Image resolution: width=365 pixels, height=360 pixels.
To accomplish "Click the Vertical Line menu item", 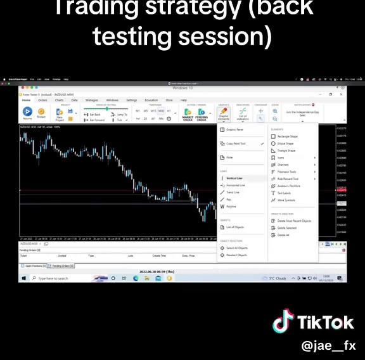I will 234,178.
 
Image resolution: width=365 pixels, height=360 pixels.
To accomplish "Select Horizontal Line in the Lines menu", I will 235,185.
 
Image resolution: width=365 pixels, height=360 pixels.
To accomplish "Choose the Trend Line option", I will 233,192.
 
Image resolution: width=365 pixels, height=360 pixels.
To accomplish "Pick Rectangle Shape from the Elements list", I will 288,136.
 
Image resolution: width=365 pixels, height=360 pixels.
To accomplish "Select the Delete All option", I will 283,235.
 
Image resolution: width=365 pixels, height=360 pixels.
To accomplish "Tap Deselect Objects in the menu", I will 236,255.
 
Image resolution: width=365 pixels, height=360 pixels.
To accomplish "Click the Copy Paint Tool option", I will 236,144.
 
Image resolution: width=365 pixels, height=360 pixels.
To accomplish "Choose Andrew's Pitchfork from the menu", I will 291,186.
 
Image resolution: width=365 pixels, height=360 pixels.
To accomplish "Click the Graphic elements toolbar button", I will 223,114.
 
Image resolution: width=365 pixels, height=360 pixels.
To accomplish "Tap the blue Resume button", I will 27,113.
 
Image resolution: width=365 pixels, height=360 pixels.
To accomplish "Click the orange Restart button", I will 41,113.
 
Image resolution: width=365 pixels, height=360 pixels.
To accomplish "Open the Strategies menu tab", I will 92,100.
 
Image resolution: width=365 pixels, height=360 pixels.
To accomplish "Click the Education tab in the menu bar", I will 151,100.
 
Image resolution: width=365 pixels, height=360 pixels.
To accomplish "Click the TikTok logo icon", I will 283,321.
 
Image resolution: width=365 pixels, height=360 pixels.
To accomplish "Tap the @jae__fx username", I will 329,347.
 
